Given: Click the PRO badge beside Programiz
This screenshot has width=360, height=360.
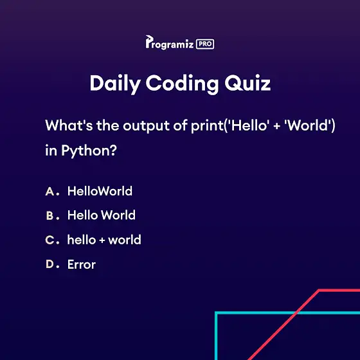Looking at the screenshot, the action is tap(205, 44).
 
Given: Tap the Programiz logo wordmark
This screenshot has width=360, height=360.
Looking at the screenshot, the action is tap(170, 42).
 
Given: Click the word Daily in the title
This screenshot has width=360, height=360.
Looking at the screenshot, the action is tap(115, 84).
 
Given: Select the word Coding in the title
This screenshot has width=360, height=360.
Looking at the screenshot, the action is tap(182, 84).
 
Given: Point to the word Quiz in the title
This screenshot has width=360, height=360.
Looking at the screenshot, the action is tap(248, 83).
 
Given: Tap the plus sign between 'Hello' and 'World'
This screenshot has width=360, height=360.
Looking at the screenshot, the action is tap(276, 127).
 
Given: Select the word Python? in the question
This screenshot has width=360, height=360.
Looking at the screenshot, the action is tap(89, 151).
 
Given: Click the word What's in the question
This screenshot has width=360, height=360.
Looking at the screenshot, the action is tap(69, 125).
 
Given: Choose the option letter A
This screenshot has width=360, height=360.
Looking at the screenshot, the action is tap(50, 192).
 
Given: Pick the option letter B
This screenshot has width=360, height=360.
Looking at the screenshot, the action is tap(50, 216).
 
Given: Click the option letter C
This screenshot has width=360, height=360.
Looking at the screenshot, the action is tap(50, 240).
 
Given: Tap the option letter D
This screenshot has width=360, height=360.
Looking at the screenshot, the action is tap(50, 264).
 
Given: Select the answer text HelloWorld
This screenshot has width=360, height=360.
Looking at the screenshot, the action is tap(100, 191).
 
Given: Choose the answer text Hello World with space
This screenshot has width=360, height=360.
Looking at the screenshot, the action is tap(102, 215).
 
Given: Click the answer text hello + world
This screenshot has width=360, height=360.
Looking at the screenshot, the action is tap(104, 240).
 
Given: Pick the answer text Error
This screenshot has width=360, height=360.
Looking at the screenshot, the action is tap(82, 264).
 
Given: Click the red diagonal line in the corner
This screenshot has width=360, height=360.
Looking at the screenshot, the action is tap(283, 325).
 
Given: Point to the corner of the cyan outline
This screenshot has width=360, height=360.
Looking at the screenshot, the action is tap(216, 312).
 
